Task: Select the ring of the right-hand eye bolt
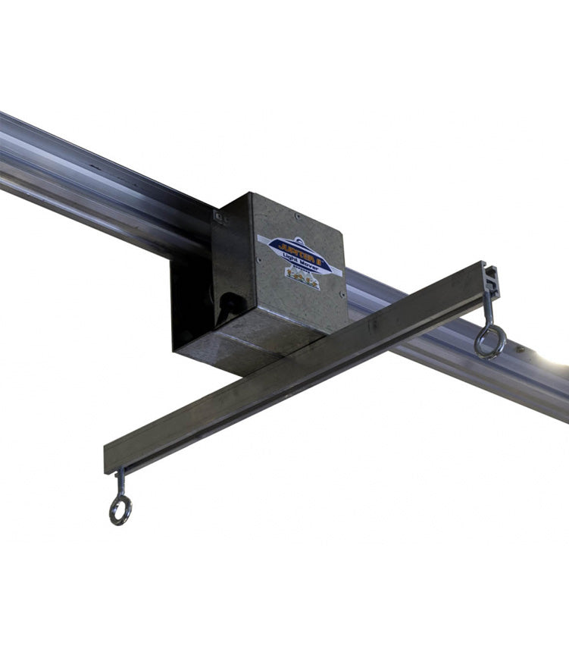click(x=489, y=343)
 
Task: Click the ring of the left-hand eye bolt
click(x=120, y=510)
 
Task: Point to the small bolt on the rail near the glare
click(x=521, y=350)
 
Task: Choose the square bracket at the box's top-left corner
click(x=219, y=217)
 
